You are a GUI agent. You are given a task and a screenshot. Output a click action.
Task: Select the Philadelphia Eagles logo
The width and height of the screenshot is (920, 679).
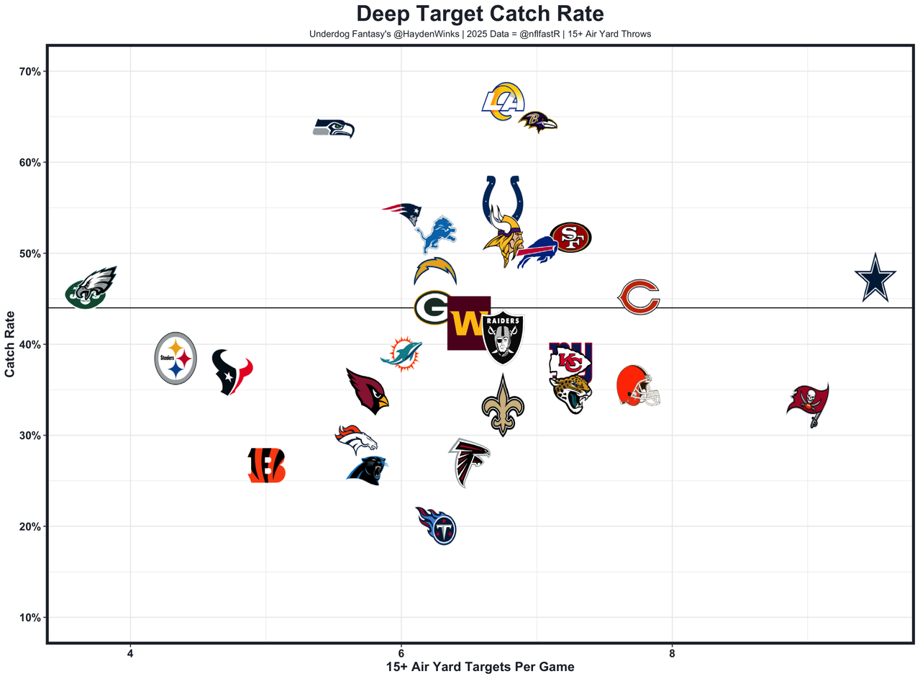[91, 288]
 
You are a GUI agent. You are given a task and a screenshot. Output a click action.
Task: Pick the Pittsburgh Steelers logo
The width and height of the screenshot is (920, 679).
[176, 358]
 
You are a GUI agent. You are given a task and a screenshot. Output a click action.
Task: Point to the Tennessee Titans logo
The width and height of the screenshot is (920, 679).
[436, 526]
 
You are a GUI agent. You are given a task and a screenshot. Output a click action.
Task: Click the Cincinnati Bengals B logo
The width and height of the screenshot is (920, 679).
[266, 465]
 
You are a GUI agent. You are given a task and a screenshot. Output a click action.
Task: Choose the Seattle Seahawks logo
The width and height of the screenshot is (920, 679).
[334, 129]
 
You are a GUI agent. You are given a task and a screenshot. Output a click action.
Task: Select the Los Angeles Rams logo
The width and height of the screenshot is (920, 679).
[503, 102]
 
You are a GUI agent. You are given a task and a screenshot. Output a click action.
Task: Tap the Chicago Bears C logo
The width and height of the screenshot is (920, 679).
[639, 297]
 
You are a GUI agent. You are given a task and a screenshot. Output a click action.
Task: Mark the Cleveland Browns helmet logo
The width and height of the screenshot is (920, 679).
[638, 386]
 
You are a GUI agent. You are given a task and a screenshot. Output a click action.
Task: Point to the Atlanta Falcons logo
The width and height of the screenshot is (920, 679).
[470, 462]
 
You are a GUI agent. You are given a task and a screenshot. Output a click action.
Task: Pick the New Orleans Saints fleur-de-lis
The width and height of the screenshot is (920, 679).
[503, 405]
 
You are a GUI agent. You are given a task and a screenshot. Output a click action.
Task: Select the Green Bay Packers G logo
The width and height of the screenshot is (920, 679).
[433, 307]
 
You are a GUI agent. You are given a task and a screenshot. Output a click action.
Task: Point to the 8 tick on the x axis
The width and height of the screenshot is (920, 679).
[672, 653]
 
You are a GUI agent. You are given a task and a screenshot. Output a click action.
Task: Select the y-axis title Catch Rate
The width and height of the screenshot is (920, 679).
[10, 343]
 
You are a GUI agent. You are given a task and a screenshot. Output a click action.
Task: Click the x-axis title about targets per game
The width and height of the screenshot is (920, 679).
[480, 667]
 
